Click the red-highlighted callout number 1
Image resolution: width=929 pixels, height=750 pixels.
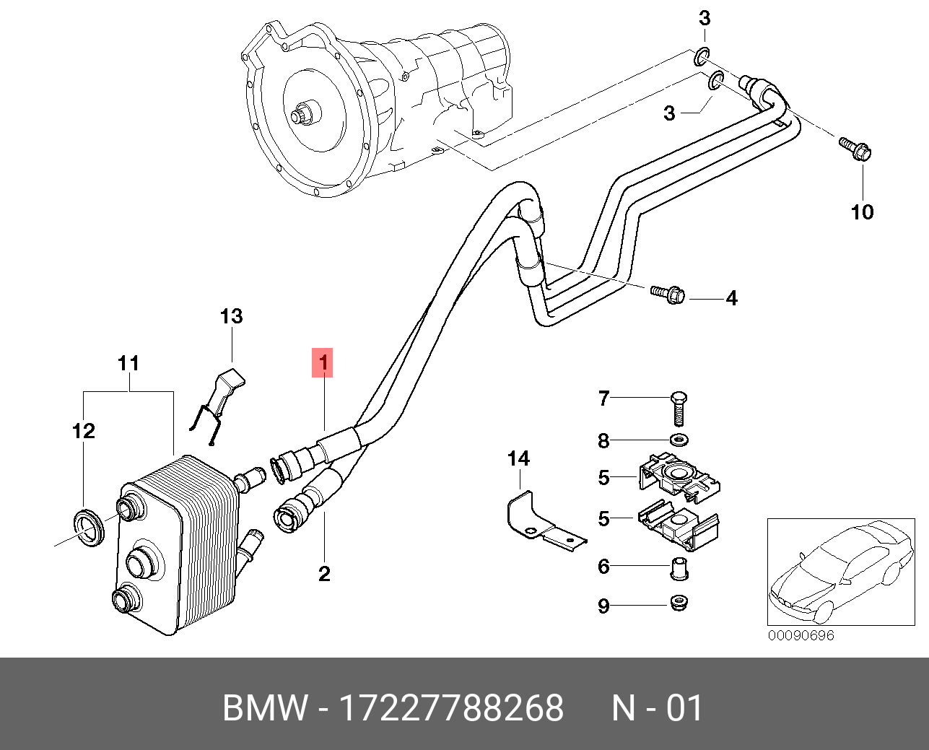[323, 362]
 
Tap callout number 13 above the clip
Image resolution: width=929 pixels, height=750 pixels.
[231, 316]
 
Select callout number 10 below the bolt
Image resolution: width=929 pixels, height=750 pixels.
[863, 212]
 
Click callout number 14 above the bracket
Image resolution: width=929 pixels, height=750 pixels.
[518, 458]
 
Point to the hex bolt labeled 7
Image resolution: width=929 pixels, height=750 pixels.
[679, 408]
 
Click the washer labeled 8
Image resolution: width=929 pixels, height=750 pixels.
[679, 441]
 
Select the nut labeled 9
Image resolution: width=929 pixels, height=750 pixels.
[679, 604]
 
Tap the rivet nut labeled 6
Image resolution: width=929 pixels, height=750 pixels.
[679, 569]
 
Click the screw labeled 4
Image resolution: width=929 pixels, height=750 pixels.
[668, 295]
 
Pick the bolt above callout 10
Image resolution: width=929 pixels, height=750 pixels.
[855, 149]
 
